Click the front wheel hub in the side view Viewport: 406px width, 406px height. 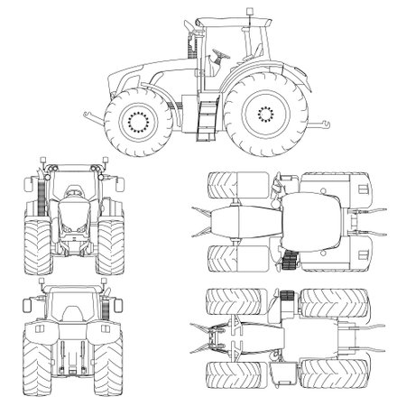[x=139, y=119]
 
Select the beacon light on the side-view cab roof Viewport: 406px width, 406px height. [x=243, y=13]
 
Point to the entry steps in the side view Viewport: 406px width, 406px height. [x=206, y=117]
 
